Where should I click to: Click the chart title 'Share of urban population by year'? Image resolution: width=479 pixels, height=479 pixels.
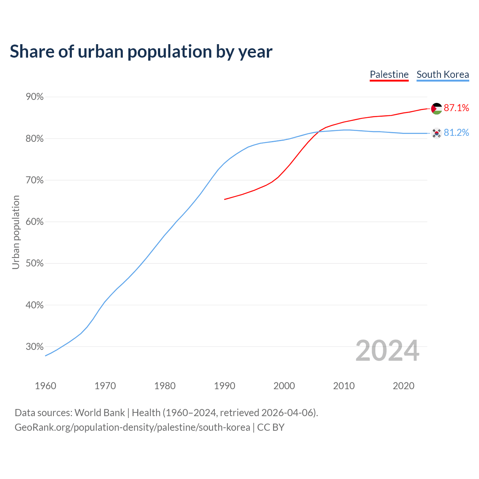coord(141,51)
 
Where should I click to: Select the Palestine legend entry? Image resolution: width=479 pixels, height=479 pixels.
coord(389,74)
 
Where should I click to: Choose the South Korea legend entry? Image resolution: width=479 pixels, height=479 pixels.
coord(443,74)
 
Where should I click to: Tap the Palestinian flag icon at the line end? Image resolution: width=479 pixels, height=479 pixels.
coord(437,109)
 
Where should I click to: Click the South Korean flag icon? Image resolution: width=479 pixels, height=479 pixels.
coord(436,133)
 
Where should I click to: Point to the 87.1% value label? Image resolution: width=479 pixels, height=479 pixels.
coord(457,108)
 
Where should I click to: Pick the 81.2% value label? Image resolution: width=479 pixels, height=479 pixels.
coord(457,133)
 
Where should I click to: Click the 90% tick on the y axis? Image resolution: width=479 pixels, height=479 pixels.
coord(35,97)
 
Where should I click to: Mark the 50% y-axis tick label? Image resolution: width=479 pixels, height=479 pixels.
coord(35,263)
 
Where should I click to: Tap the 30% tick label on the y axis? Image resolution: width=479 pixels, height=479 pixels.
coord(35,347)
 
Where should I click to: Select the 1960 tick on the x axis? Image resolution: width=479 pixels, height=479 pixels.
coord(45,386)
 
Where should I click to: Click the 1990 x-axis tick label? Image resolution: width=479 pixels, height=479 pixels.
coord(225,386)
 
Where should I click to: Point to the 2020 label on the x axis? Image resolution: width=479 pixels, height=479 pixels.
coord(403,386)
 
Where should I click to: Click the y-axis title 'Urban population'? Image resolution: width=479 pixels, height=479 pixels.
coord(16,232)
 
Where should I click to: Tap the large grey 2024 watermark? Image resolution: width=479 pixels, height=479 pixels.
coord(387,351)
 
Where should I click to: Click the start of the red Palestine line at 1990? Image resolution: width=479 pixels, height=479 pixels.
coord(225,199)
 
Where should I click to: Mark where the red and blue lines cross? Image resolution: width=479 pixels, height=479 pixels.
coord(318,132)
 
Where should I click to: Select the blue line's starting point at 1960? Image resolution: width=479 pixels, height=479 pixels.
coord(46,356)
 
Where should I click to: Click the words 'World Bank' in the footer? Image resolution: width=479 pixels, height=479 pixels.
coord(100,413)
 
